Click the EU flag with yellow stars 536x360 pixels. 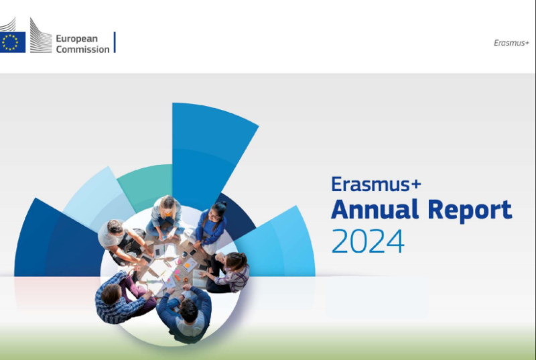click(11, 42)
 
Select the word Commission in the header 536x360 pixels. click(82, 50)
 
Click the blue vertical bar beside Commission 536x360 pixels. click(115, 42)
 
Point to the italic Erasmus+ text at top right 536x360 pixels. click(511, 42)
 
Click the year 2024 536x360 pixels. click(368, 241)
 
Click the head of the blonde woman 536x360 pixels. click(167, 203)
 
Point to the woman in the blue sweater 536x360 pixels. click(213, 225)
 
